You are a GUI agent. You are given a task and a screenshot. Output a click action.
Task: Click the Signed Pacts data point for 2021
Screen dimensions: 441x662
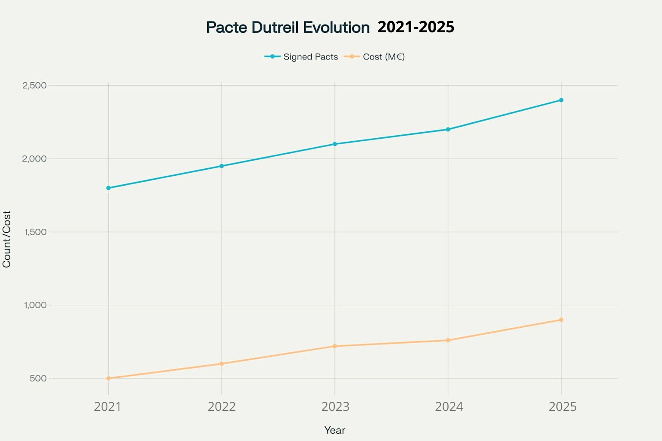pyautogui.click(x=108, y=188)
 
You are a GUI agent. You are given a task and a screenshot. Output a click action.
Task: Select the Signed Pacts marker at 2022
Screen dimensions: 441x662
pyautogui.click(x=222, y=166)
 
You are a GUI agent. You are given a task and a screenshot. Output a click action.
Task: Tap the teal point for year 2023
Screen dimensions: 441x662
pyautogui.click(x=335, y=144)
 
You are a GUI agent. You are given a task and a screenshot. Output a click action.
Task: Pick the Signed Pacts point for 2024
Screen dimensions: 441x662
pyautogui.click(x=448, y=129)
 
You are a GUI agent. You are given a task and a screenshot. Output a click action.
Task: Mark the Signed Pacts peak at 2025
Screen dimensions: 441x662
pyautogui.click(x=561, y=100)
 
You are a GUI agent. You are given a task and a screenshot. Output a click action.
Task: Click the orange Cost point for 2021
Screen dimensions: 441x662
pyautogui.click(x=108, y=378)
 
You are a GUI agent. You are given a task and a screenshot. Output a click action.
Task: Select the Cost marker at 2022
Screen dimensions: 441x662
pyautogui.click(x=222, y=363)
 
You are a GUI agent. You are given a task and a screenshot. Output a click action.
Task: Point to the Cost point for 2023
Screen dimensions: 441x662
pyautogui.click(x=335, y=346)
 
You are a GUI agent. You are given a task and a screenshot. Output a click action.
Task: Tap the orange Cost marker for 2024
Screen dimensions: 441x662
pyautogui.click(x=448, y=340)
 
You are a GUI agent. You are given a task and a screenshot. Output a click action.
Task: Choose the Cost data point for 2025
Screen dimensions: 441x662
pyautogui.click(x=561, y=320)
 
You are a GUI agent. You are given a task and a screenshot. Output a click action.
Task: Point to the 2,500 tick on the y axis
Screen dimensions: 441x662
pyautogui.click(x=34, y=85)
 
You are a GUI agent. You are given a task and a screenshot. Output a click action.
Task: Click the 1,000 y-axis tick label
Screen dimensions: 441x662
pyautogui.click(x=34, y=305)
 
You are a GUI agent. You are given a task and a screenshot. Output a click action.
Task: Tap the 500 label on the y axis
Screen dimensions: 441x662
pyautogui.click(x=38, y=378)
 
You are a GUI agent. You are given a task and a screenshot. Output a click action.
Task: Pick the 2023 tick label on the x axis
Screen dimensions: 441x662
pyautogui.click(x=335, y=407)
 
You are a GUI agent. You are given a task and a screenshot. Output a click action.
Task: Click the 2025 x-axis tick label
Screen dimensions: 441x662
pyautogui.click(x=562, y=407)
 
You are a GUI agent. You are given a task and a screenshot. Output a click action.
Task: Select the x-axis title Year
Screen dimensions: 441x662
pyautogui.click(x=335, y=430)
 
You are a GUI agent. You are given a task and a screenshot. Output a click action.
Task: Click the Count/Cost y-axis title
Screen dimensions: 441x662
pyautogui.click(x=6, y=239)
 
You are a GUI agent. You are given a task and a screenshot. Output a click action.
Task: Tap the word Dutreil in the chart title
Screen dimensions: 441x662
pyautogui.click(x=275, y=27)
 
